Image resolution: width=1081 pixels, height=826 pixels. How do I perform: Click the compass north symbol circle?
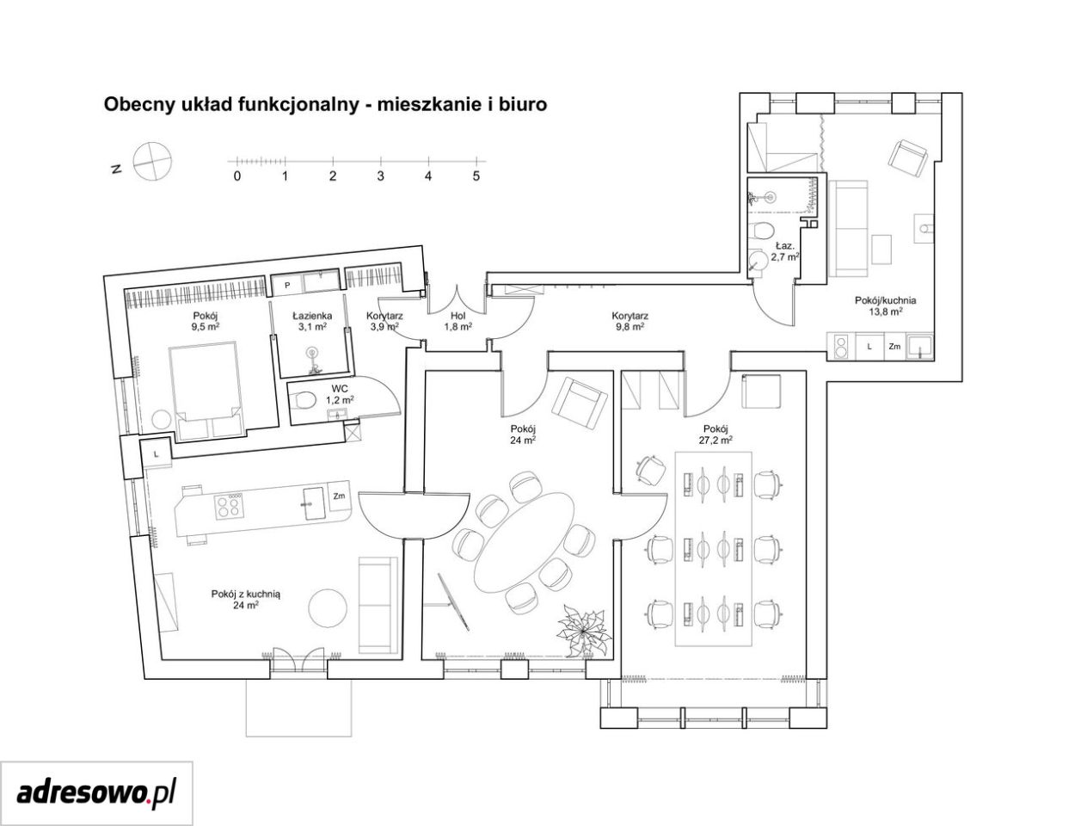point(152,161)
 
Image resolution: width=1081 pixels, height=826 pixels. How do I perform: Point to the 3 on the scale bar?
point(380,176)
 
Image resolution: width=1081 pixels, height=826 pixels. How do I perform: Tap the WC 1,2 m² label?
point(340,395)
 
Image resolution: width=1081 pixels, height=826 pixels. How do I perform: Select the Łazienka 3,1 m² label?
point(311,321)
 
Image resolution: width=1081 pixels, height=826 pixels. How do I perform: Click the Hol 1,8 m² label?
point(458,321)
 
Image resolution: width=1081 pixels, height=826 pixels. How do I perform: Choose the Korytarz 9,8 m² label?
point(630,321)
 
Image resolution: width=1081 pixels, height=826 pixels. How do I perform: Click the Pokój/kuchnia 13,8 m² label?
point(885,305)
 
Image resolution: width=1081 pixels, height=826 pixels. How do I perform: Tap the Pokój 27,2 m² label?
point(716,434)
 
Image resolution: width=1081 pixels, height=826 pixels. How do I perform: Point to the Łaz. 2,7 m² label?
point(784,250)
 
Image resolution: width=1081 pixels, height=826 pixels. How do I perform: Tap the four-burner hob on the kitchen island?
point(229,505)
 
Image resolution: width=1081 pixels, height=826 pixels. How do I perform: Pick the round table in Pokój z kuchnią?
point(327,608)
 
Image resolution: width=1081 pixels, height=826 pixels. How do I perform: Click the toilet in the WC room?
point(303,399)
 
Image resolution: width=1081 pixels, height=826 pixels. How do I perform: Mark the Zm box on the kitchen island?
point(339,496)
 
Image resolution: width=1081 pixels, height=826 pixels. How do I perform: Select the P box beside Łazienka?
point(286,285)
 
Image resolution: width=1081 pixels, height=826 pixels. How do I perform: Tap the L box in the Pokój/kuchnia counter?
point(869,346)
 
